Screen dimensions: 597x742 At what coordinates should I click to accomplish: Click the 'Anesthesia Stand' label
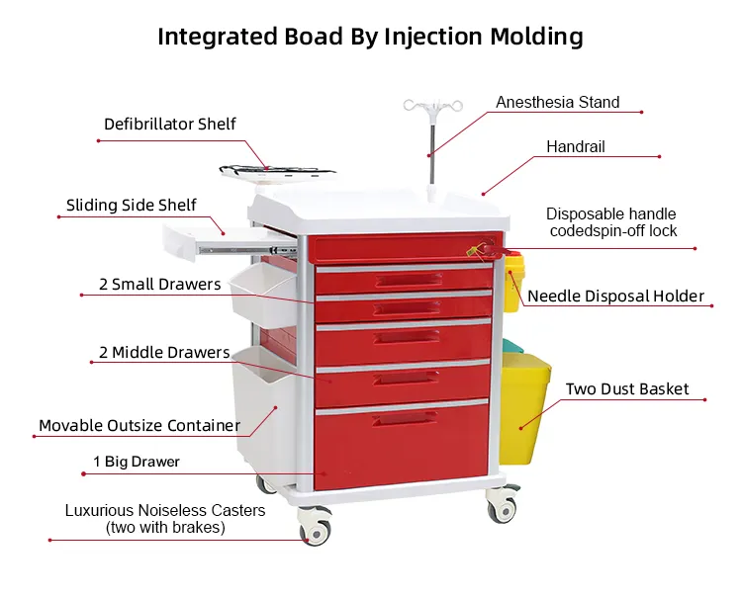(x=558, y=103)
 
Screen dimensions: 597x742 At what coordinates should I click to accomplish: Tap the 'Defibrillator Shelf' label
(x=170, y=125)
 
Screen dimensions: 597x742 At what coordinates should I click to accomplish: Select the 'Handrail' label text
(x=576, y=147)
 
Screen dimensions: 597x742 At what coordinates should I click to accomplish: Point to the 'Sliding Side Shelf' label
(x=132, y=206)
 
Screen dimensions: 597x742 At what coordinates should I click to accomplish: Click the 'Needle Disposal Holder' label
(x=615, y=296)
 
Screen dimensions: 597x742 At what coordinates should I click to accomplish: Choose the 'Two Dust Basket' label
(x=627, y=389)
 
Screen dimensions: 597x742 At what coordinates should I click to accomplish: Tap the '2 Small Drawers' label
(x=160, y=285)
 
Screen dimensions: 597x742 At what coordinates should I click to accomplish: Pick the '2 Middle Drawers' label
(x=163, y=353)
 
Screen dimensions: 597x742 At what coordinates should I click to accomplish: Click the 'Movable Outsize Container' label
(x=139, y=426)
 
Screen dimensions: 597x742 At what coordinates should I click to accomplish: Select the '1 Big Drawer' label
(x=137, y=462)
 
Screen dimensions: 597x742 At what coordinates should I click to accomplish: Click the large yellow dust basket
(x=524, y=409)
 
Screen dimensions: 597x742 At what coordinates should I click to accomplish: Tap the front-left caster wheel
(x=316, y=529)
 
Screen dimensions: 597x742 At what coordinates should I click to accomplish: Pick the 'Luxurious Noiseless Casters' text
(x=165, y=511)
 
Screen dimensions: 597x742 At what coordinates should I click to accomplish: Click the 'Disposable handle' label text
(x=611, y=213)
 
